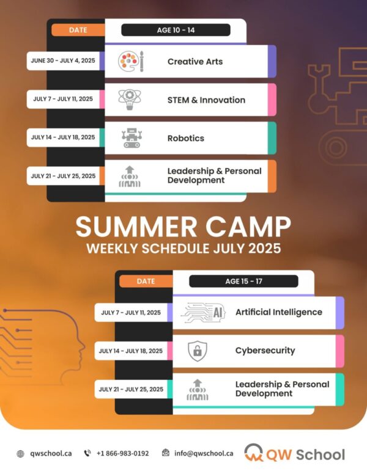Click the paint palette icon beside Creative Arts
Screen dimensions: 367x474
pyautogui.click(x=131, y=61)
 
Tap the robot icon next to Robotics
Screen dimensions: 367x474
pyautogui.click(x=132, y=138)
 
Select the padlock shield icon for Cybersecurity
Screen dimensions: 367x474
pyautogui.click(x=198, y=351)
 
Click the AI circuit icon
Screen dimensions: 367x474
pyautogui.click(x=203, y=313)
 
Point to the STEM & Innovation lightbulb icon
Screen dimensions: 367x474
pyautogui.click(x=130, y=100)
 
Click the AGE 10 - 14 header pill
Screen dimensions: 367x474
pyautogui.click(x=176, y=30)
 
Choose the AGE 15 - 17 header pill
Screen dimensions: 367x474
pyautogui.click(x=243, y=281)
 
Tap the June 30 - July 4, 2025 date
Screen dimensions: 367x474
pyautogui.click(x=63, y=60)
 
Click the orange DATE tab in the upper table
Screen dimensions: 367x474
pyautogui.click(x=78, y=30)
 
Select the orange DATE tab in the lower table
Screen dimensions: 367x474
pyautogui.click(x=146, y=281)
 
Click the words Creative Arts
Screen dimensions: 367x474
pyautogui.click(x=195, y=61)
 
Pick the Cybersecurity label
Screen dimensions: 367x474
pyautogui.click(x=265, y=351)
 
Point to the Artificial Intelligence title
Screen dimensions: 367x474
pyautogui.click(x=279, y=312)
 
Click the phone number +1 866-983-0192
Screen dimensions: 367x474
pyautogui.click(x=122, y=453)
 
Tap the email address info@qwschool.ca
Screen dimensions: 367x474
pyautogui.click(x=204, y=453)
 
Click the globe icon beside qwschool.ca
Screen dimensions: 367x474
pyautogui.click(x=20, y=454)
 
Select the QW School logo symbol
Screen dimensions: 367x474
pyautogui.click(x=253, y=453)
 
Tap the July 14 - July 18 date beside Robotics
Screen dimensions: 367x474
pyautogui.click(x=63, y=137)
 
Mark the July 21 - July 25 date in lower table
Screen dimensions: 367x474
pyautogui.click(x=131, y=389)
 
